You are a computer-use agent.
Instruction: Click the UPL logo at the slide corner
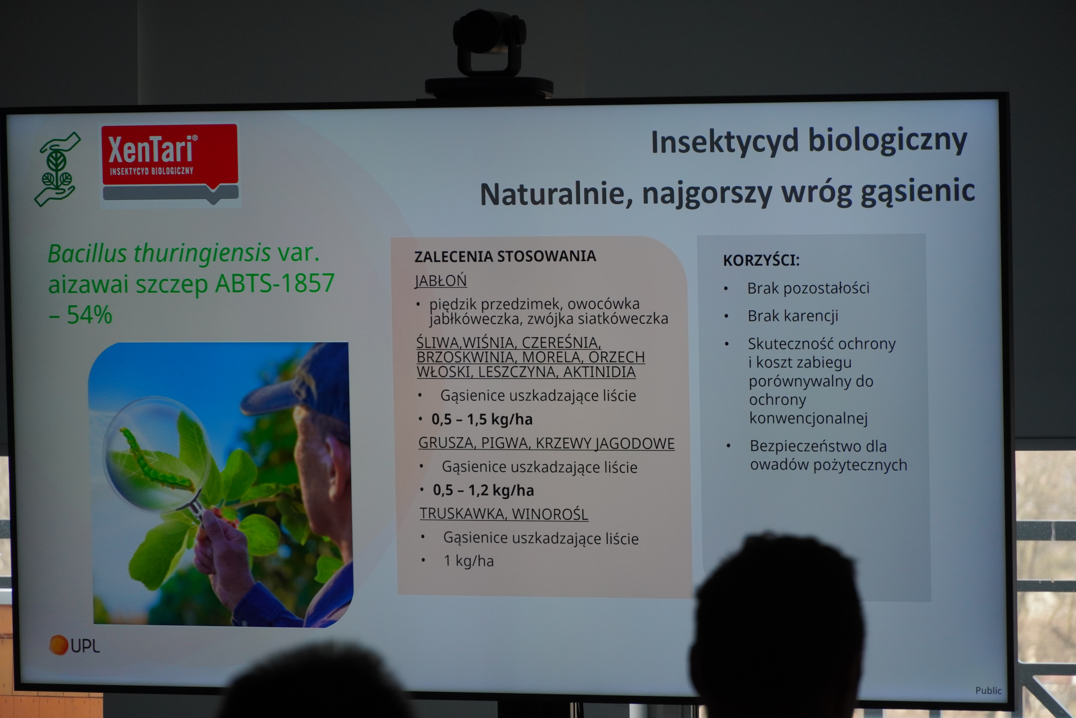74,645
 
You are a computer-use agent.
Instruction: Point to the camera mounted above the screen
489,55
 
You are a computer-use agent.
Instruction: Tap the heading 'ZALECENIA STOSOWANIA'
505,256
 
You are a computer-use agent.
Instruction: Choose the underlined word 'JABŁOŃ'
441,280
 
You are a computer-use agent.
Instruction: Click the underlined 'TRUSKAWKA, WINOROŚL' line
504,514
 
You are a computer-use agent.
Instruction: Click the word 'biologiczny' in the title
888,141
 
